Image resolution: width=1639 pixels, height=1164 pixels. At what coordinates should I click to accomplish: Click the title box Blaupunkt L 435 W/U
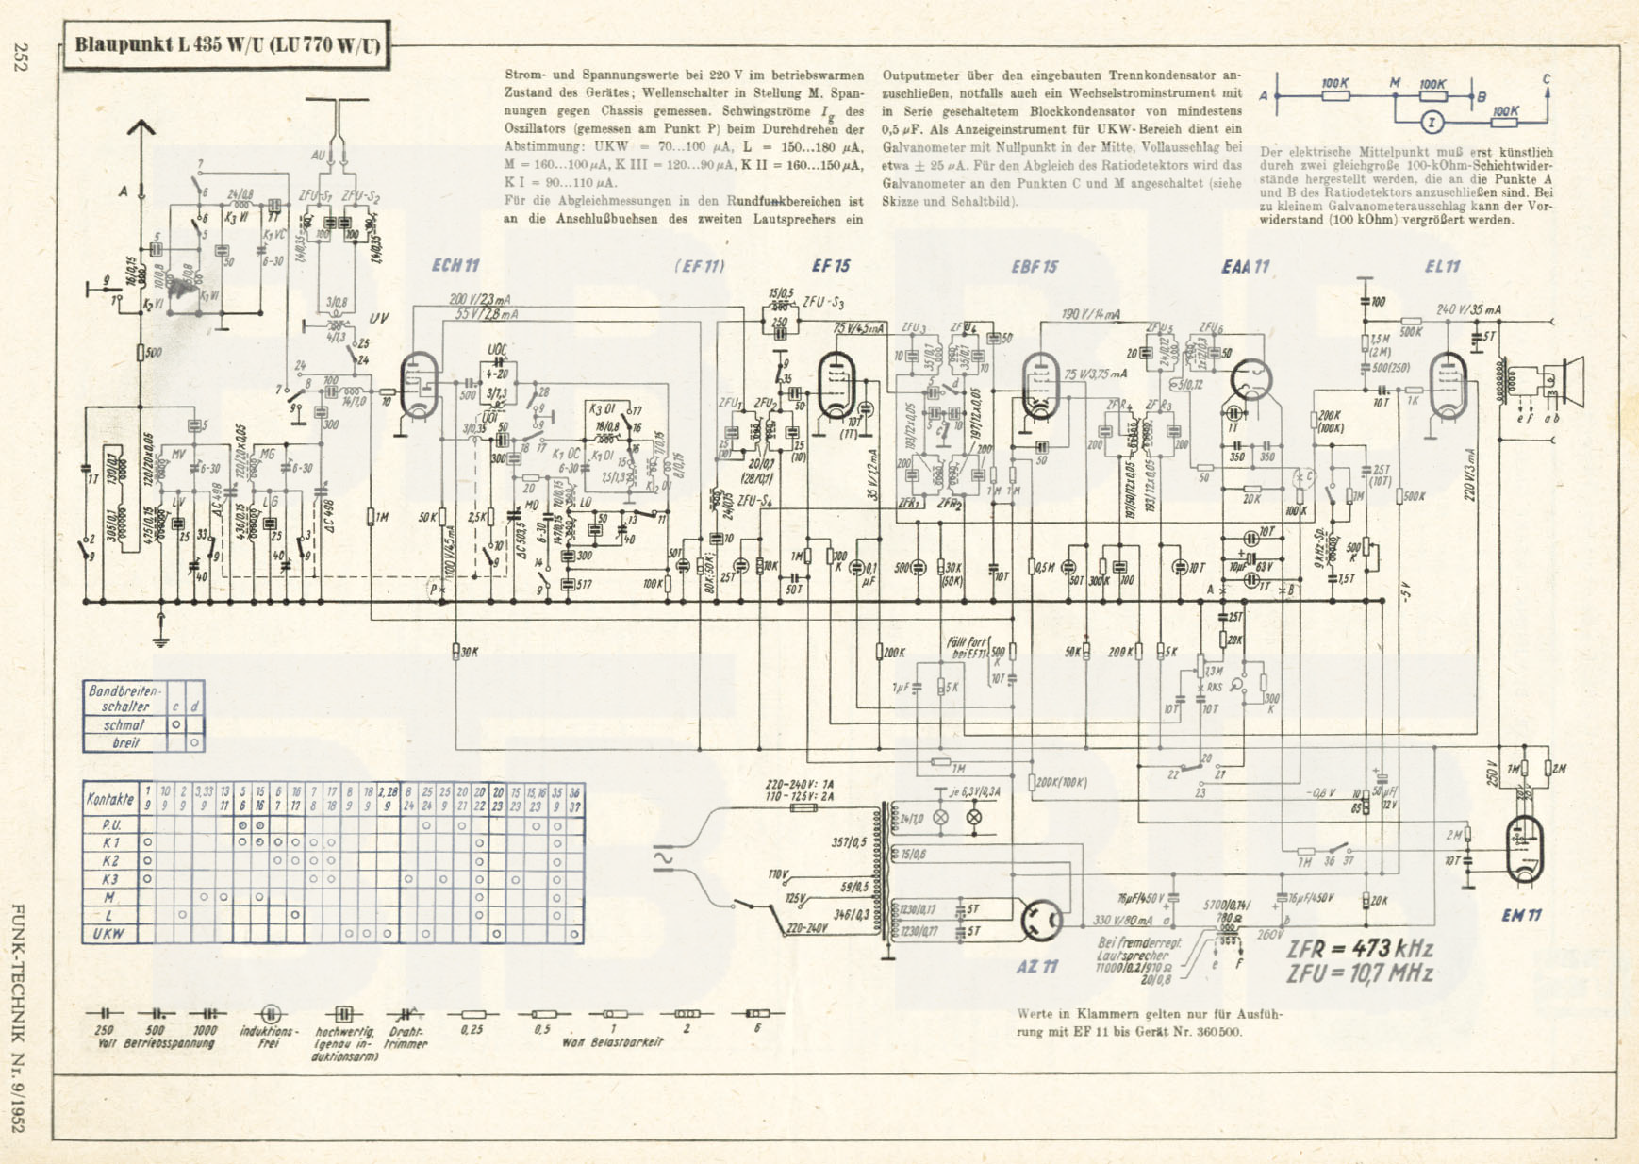(227, 45)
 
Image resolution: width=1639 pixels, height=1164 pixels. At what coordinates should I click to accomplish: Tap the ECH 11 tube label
(455, 265)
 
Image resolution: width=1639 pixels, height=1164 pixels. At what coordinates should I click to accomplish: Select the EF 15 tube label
(831, 265)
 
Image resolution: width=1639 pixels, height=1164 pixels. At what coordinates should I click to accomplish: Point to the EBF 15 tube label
(1034, 267)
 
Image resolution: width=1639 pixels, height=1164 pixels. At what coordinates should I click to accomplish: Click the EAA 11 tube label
(1246, 267)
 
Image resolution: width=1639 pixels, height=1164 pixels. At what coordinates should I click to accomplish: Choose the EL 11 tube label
(1442, 267)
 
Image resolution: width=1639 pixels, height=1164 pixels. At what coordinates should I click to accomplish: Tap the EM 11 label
(1521, 914)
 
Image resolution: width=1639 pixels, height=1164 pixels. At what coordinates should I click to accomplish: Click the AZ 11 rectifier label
(1036, 966)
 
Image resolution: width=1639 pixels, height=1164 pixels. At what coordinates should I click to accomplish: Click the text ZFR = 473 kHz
(1360, 948)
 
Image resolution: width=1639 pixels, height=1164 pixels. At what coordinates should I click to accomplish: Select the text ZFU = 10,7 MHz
(1360, 973)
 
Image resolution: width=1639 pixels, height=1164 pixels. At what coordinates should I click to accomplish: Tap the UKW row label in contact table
(108, 934)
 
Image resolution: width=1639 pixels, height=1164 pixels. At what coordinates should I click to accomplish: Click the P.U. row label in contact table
(110, 824)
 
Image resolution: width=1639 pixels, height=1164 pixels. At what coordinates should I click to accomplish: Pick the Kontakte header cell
(110, 798)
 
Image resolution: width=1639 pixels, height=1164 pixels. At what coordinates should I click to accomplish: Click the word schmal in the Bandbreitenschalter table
(124, 725)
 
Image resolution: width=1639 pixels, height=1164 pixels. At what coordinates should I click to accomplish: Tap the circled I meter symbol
(1432, 123)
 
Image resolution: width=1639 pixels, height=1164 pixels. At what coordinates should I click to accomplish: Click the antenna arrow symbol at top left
(141, 127)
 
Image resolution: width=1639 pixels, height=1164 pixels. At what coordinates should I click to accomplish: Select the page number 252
(21, 58)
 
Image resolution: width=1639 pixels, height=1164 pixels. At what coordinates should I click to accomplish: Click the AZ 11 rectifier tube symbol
(1042, 919)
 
